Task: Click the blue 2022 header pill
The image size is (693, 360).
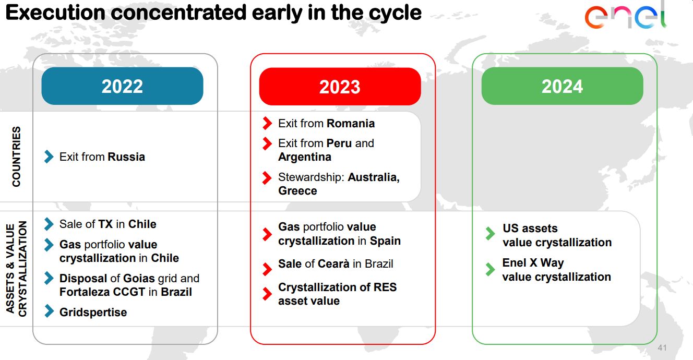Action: [122, 86]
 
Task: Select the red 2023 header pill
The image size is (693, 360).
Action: [340, 86]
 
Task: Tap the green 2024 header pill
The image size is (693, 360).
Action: [562, 86]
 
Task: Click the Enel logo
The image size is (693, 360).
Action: [626, 16]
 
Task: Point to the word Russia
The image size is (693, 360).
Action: [126, 157]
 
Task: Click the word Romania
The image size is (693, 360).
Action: [351, 124]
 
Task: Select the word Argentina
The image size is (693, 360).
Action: [305, 157]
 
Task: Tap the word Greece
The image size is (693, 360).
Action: [297, 191]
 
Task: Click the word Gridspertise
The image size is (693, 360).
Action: [93, 313]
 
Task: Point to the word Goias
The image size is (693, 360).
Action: [139, 279]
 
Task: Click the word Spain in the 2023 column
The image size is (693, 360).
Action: [385, 241]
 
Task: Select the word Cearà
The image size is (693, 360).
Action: [333, 264]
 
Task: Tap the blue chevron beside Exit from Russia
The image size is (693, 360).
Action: [49, 157]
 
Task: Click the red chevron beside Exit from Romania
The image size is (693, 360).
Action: [267, 123]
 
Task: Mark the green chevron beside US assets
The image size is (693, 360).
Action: [491, 234]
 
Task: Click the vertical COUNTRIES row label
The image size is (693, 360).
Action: [16, 157]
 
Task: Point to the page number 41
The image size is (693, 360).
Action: [662, 347]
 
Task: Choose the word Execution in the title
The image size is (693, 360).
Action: [55, 13]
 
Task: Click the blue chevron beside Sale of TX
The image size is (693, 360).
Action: [49, 224]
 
